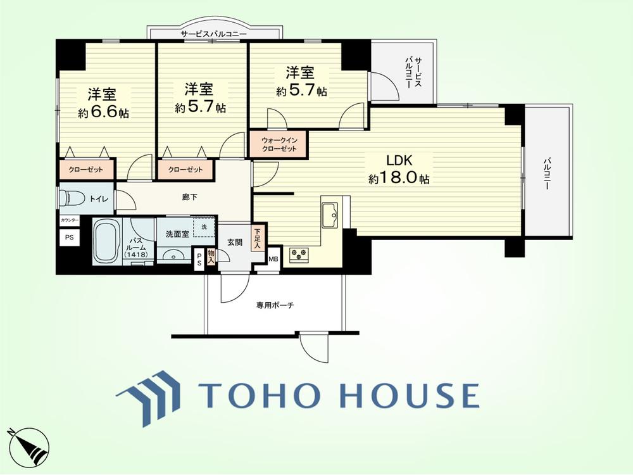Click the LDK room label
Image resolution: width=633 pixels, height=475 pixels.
point(399,160)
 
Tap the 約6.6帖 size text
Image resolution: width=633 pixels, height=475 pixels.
point(104,113)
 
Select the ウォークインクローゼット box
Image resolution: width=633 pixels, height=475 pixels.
point(279,144)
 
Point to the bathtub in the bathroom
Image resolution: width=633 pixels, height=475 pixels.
point(106,241)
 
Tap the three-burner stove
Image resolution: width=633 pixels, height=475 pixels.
point(299,255)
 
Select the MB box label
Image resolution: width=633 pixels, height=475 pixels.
point(273,259)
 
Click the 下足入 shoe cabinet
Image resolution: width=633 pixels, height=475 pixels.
point(257,238)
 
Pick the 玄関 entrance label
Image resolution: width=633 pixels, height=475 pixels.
point(235,243)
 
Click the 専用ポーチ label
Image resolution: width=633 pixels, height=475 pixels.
point(275,305)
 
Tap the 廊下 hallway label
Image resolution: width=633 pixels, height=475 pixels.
point(190,198)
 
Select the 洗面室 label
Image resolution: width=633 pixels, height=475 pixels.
point(178,234)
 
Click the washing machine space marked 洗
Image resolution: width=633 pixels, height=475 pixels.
point(204,227)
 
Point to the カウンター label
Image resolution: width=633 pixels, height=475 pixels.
point(70,220)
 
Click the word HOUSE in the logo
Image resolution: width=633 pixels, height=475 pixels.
point(410,395)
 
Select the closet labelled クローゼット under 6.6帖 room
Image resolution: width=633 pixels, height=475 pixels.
point(86,170)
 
